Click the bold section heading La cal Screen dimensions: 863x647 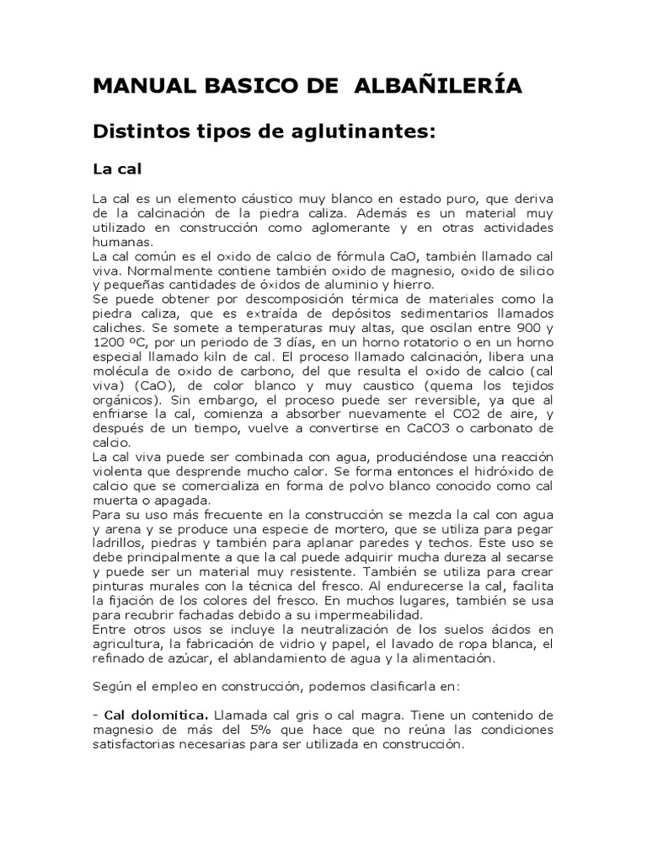(115, 169)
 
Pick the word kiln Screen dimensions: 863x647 (207, 355)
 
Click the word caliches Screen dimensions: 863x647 (118, 327)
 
